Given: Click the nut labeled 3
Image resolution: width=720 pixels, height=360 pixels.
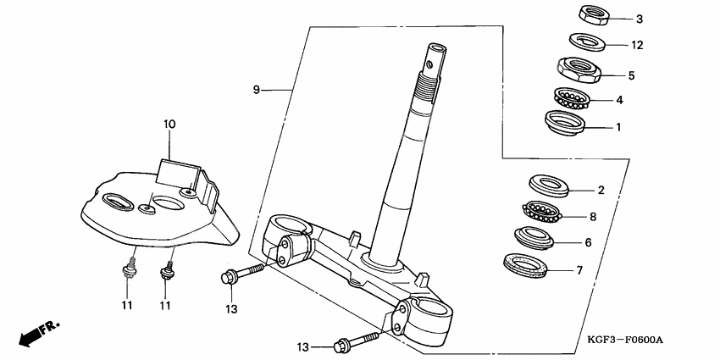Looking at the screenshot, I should (x=588, y=16).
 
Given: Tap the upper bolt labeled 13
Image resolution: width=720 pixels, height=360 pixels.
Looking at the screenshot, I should (x=242, y=275).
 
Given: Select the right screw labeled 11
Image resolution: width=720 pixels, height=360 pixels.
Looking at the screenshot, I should (x=166, y=272).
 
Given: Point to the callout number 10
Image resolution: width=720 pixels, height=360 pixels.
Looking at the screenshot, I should (x=169, y=125).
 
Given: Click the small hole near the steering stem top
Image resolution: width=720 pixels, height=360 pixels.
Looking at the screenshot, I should (x=429, y=61).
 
